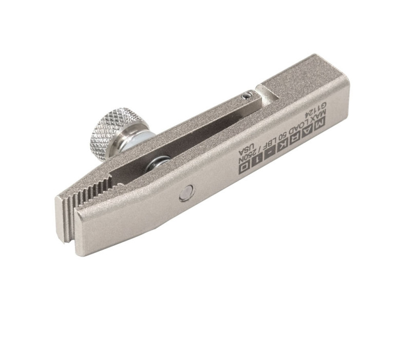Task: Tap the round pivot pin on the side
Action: coord(186,194)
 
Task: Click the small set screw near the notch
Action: coord(247,96)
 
